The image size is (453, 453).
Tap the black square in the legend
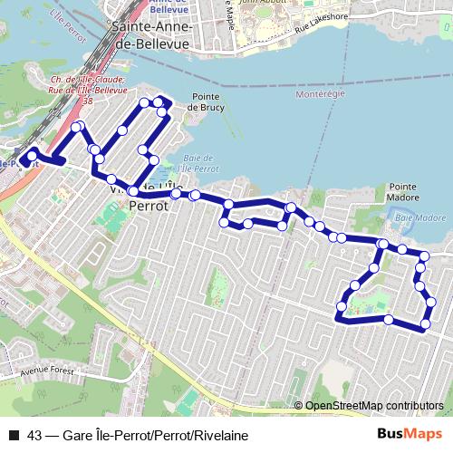14,436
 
